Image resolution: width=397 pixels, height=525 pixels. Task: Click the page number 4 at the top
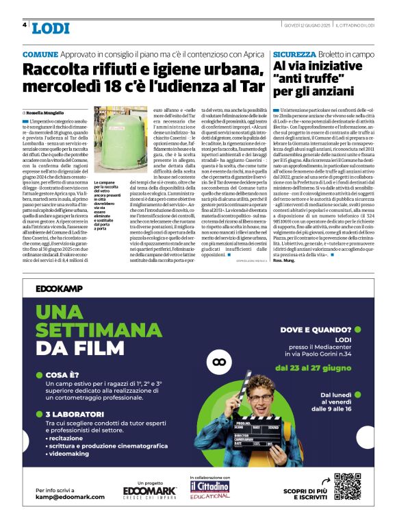(x=25, y=25)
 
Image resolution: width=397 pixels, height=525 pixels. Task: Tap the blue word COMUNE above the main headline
(x=40, y=54)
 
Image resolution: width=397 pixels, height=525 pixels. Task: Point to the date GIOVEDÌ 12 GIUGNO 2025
(x=307, y=25)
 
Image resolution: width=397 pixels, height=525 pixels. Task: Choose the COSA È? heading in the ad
(x=65, y=375)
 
